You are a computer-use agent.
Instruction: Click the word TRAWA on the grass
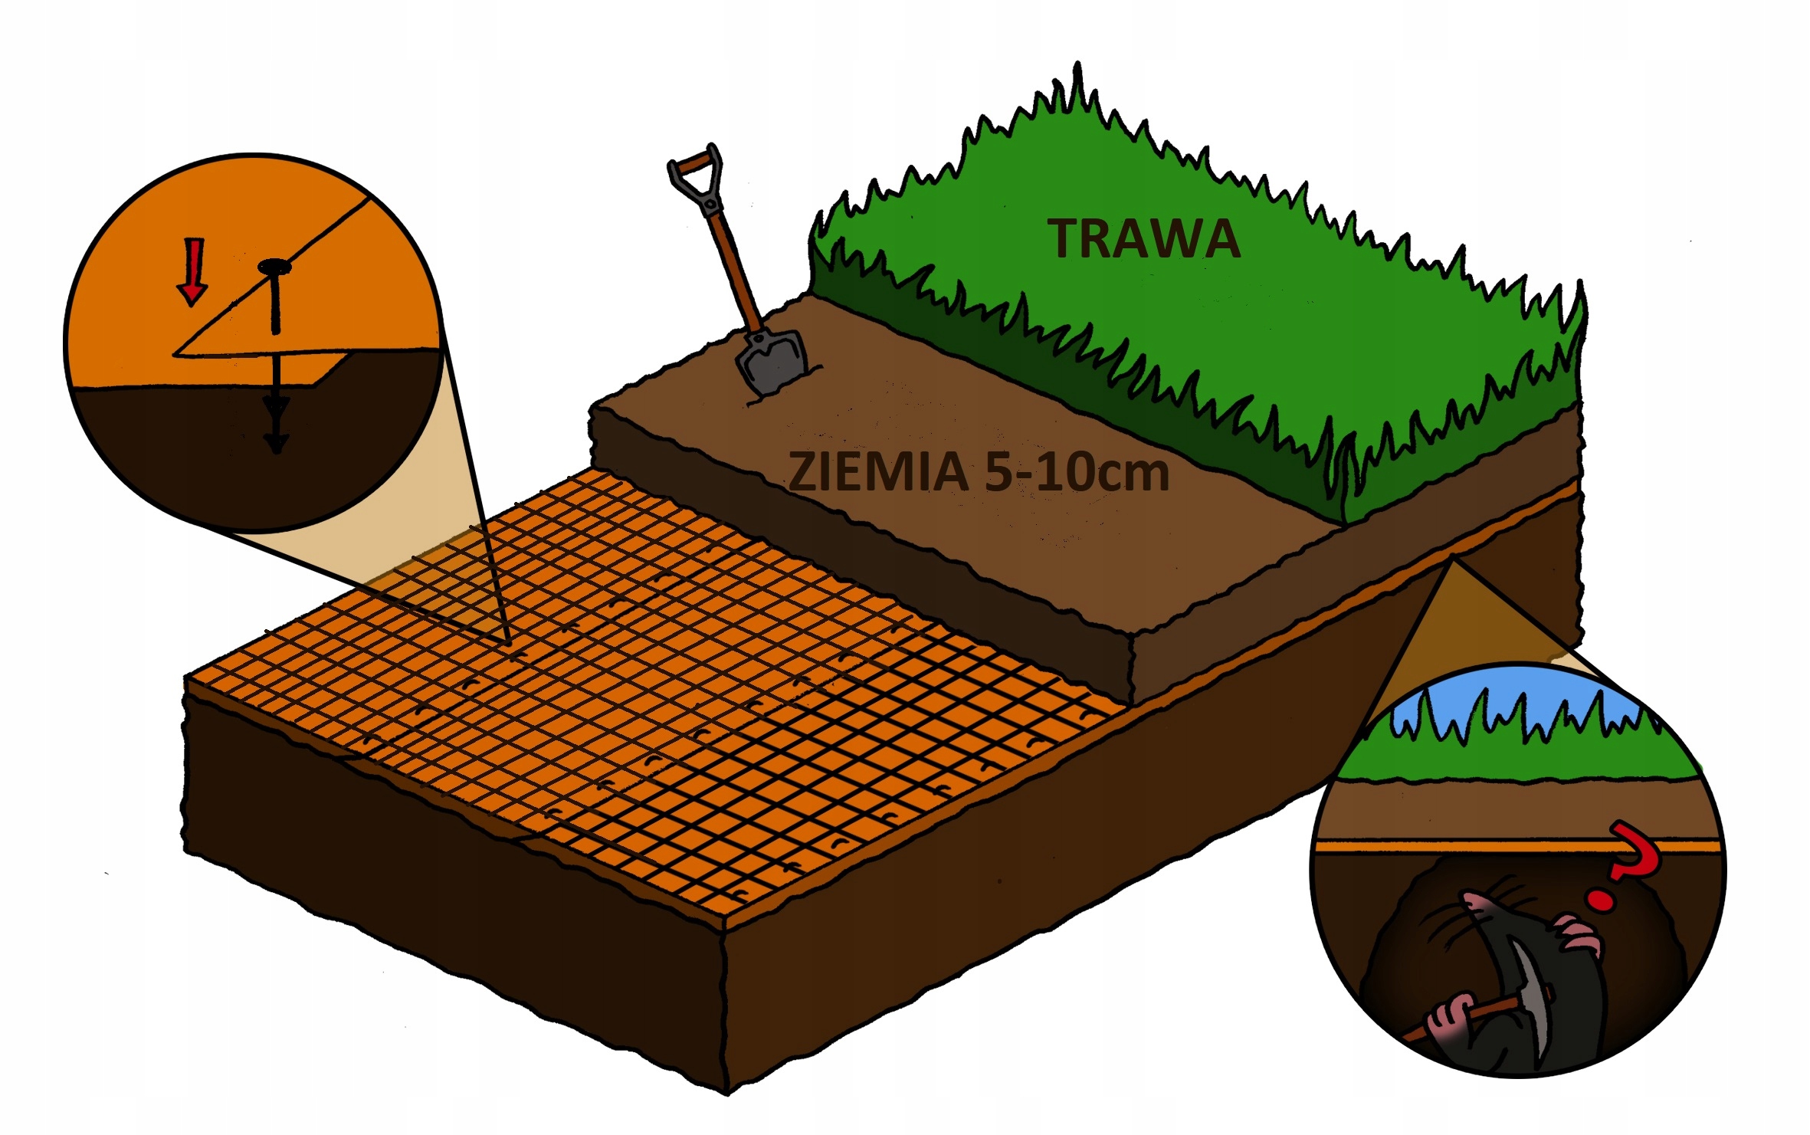click(1143, 239)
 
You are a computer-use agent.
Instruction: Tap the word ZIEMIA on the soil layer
click(877, 472)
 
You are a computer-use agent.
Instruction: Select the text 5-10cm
click(1076, 472)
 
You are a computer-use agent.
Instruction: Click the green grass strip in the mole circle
click(1517, 759)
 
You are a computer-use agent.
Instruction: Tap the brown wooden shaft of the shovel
click(732, 261)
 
